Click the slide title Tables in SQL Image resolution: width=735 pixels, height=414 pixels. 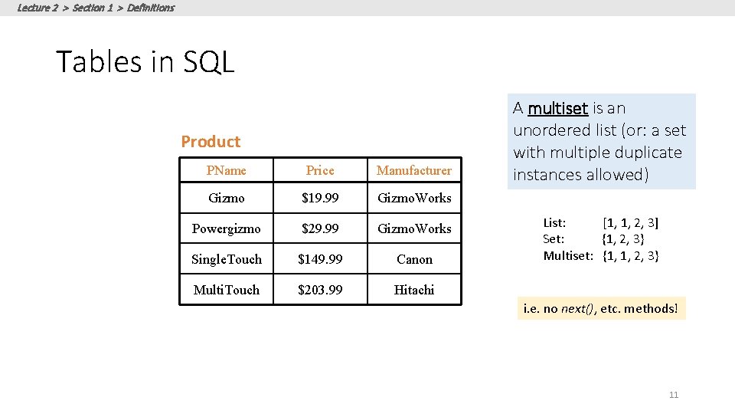[x=145, y=62]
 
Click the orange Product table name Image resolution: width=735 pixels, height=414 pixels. [x=211, y=142]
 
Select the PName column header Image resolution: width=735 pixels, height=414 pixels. [x=227, y=170]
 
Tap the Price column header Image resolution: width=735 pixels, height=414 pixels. [x=320, y=170]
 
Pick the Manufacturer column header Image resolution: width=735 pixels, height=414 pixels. [x=414, y=170]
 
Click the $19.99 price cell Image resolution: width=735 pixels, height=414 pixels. [x=320, y=198]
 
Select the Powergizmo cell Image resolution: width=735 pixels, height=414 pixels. [x=227, y=228]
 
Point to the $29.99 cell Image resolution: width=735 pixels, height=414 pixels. [x=320, y=228]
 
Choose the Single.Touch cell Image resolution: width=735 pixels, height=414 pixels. [x=227, y=259]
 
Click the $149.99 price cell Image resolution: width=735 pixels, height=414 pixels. [x=320, y=259]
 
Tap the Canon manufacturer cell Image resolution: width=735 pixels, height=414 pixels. [x=414, y=259]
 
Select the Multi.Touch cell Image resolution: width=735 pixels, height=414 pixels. [x=227, y=290]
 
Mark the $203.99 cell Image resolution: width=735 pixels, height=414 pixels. [x=320, y=290]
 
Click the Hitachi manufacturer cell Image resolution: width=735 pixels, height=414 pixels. [x=414, y=290]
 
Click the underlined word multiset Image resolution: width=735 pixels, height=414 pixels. [x=557, y=108]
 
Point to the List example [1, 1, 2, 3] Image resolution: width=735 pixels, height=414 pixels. [x=631, y=223]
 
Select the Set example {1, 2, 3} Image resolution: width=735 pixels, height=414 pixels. [x=623, y=239]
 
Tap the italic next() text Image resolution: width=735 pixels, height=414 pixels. [x=577, y=309]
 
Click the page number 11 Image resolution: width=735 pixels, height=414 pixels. [x=674, y=395]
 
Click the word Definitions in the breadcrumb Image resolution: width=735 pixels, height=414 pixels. [x=151, y=8]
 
